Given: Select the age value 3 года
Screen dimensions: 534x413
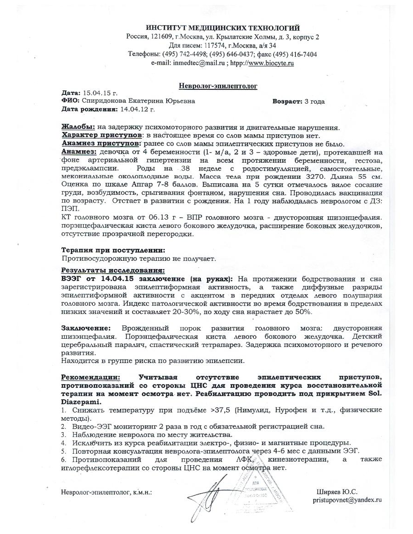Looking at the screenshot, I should tap(314, 101).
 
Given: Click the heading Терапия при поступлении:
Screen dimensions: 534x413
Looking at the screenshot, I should tap(113, 250).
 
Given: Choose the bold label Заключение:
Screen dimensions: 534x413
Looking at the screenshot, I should tap(86, 329).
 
